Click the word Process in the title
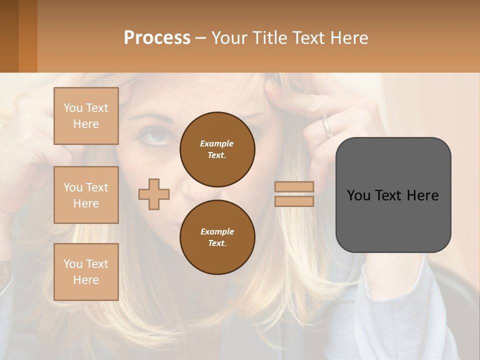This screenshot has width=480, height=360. point(157,38)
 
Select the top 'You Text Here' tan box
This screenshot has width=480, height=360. point(86,116)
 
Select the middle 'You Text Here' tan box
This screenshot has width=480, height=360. point(86,195)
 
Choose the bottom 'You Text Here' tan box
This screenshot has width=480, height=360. point(86,272)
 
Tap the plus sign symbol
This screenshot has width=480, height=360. point(154,194)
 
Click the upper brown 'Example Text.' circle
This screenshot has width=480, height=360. point(217,149)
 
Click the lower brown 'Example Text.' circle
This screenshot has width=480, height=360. point(217,237)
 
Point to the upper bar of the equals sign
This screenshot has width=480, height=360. point(294,186)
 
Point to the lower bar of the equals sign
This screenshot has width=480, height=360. point(294,201)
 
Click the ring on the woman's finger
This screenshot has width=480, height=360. point(326,126)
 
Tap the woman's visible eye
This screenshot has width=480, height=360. point(156,135)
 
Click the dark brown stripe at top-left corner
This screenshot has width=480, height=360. point(9,36)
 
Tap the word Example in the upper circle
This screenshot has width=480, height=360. point(216,143)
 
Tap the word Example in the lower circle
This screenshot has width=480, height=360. point(217,231)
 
